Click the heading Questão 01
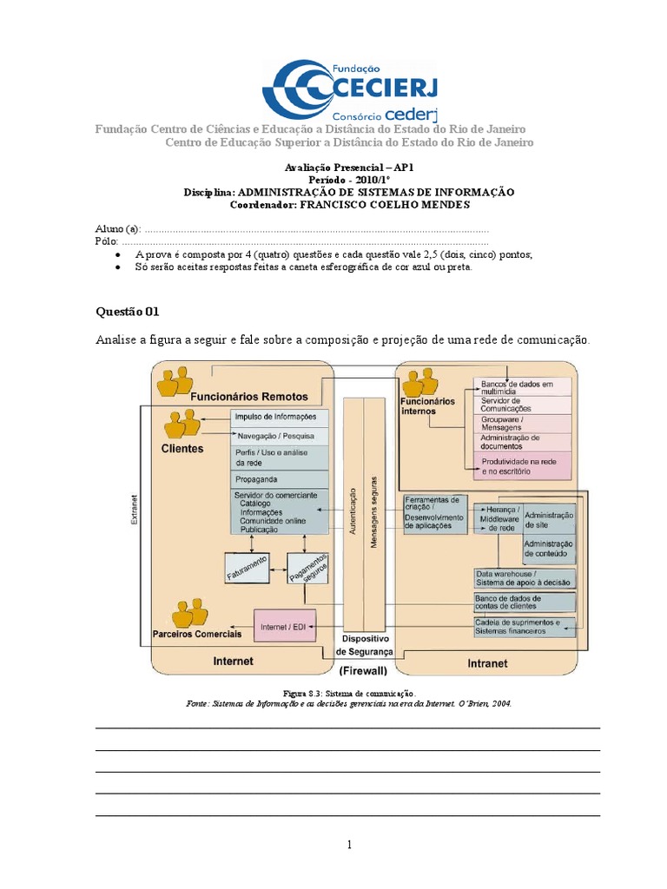[128, 311]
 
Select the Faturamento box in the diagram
[248, 566]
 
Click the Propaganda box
[280, 479]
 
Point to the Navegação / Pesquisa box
[280, 436]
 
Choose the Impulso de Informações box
[280, 416]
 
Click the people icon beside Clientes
[184, 425]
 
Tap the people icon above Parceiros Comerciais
[189, 613]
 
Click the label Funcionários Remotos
[249, 397]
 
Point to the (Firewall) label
[364, 671]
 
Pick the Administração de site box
[548, 519]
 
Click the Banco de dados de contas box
[524, 603]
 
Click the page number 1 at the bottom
[348, 845]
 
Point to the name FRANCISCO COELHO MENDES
[385, 205]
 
